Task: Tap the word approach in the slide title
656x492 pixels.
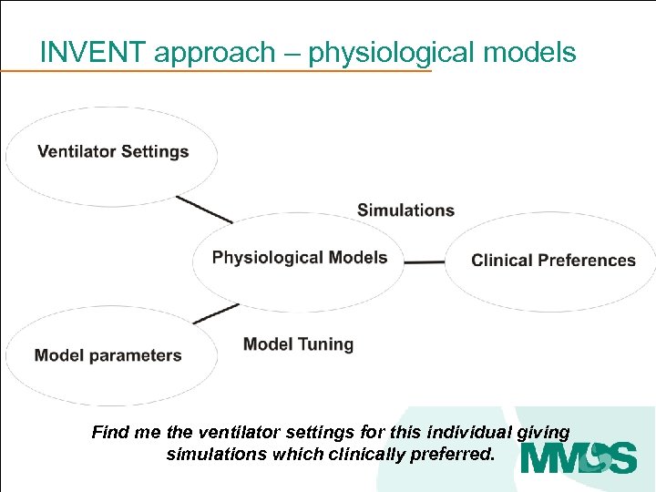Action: click(x=214, y=54)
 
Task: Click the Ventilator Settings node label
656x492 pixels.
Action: click(x=113, y=151)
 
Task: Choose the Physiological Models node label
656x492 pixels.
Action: click(x=300, y=258)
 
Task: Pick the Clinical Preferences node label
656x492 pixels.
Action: click(x=553, y=261)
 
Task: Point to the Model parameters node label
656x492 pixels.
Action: click(x=108, y=355)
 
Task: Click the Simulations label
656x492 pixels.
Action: click(x=405, y=210)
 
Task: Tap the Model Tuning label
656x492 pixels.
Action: click(x=298, y=344)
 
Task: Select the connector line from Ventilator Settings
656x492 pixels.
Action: click(x=204, y=210)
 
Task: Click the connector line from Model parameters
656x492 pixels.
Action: click(x=216, y=313)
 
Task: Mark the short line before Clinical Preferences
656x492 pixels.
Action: click(x=424, y=262)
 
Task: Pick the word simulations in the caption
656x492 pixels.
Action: click(x=217, y=454)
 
